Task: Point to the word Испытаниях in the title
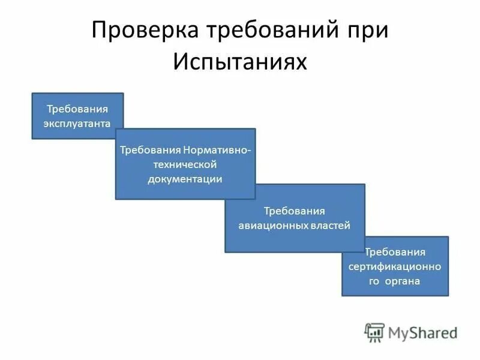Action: [x=240, y=62]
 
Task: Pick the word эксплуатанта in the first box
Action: [x=77, y=123]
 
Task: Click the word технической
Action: [x=185, y=164]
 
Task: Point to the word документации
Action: [x=185, y=178]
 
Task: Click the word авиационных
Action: [x=268, y=225]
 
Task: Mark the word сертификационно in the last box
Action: [x=395, y=266]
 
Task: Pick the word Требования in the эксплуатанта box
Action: [x=77, y=109]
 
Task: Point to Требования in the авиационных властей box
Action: [x=295, y=211]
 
